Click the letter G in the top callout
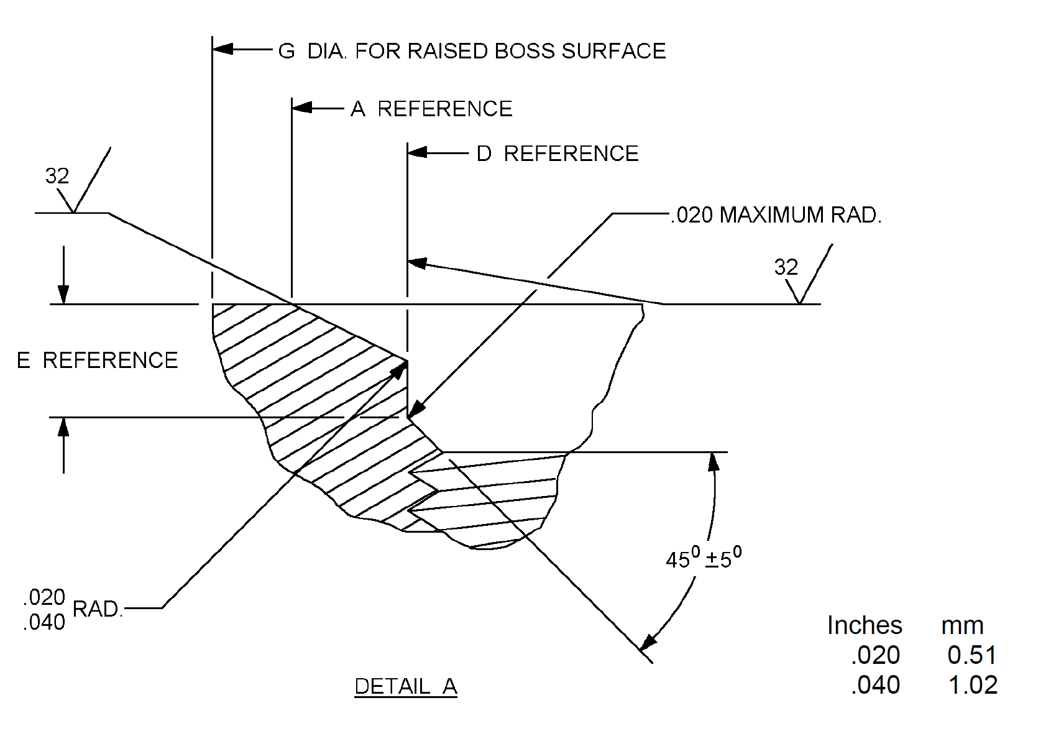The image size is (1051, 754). tap(287, 51)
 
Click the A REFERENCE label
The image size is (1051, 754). tap(431, 109)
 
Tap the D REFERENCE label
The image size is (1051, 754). tap(558, 154)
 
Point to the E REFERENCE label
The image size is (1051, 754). tap(98, 361)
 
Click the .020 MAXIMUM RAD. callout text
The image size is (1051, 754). tap(776, 215)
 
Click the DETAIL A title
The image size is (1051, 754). tap(406, 686)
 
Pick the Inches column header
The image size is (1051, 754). tap(865, 625)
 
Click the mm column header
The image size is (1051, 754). tap(962, 625)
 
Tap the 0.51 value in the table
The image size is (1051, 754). tap(972, 655)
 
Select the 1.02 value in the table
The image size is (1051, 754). tap(973, 685)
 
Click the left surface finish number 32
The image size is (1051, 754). tap(57, 177)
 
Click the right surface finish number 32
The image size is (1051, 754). tap(786, 267)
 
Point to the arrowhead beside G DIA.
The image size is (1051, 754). tap(223, 48)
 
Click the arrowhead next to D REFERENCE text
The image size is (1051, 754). tap(418, 152)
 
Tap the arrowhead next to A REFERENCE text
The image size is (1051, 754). tap(302, 108)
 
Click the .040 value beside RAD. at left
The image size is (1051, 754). tap(44, 622)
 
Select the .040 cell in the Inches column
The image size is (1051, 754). tap(875, 685)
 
